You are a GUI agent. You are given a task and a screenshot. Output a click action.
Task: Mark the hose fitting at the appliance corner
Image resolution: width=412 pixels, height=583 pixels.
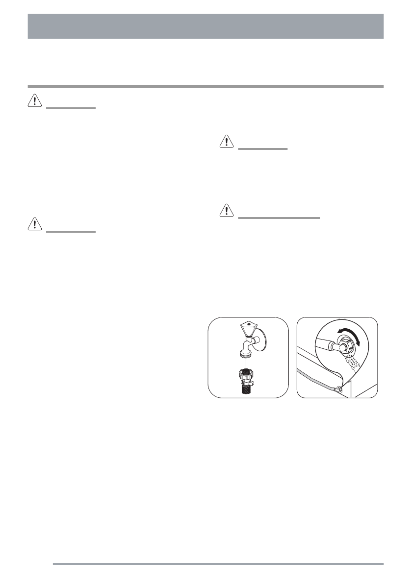(339, 390)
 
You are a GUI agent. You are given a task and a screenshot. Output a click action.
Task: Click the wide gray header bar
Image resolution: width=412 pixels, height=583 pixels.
(206, 26)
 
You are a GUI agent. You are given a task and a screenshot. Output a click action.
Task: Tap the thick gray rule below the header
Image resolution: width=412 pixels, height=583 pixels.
(206, 87)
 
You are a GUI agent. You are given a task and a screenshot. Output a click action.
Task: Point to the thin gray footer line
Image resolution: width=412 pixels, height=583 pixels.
(218, 563)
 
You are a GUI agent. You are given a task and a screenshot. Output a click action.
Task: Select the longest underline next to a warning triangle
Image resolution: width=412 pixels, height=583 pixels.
(279, 218)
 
